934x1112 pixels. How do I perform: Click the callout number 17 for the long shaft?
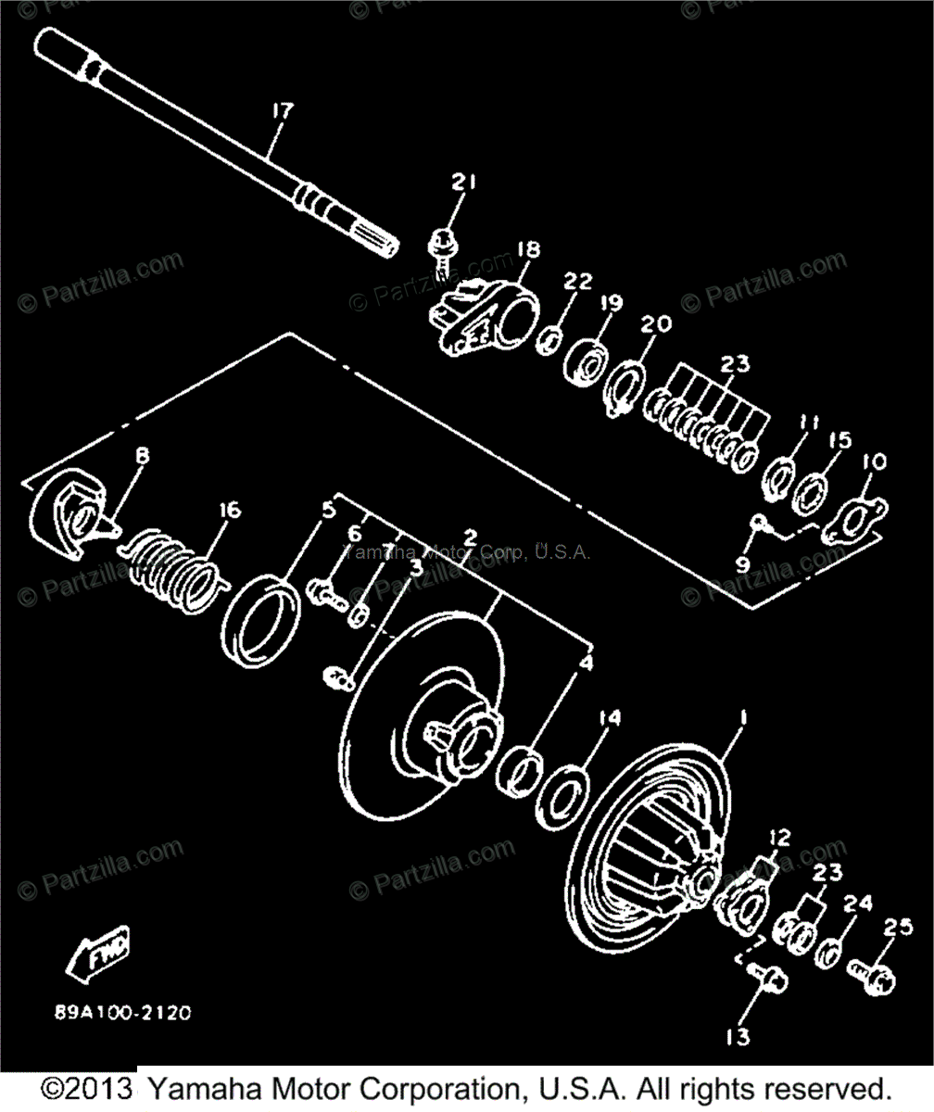point(282,110)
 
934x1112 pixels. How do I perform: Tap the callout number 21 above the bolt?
point(463,183)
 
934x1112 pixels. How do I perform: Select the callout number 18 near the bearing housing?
point(528,249)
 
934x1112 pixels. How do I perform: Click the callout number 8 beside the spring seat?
point(143,456)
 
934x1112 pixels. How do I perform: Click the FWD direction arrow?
point(96,958)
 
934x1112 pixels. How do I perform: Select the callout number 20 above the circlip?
point(655,323)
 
